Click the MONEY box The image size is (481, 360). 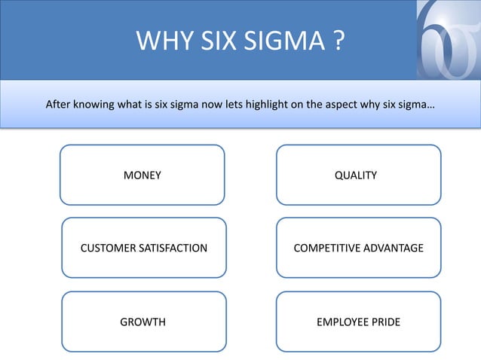[x=142, y=175]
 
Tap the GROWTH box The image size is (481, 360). [x=143, y=322]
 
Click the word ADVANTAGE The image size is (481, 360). [x=392, y=249]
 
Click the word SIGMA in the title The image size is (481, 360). [x=286, y=41]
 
